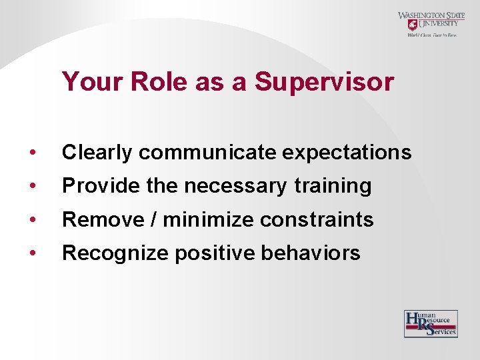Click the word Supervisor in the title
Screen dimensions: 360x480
click(x=324, y=83)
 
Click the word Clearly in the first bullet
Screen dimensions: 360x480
click(x=97, y=153)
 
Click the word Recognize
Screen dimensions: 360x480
click(x=106, y=253)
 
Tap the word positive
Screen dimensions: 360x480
click(x=204, y=253)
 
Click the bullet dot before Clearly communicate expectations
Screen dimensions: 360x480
click(x=33, y=153)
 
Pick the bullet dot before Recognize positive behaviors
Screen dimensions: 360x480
click(x=33, y=253)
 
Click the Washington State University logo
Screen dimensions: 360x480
click(x=432, y=25)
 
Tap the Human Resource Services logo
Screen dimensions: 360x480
click(x=431, y=324)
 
